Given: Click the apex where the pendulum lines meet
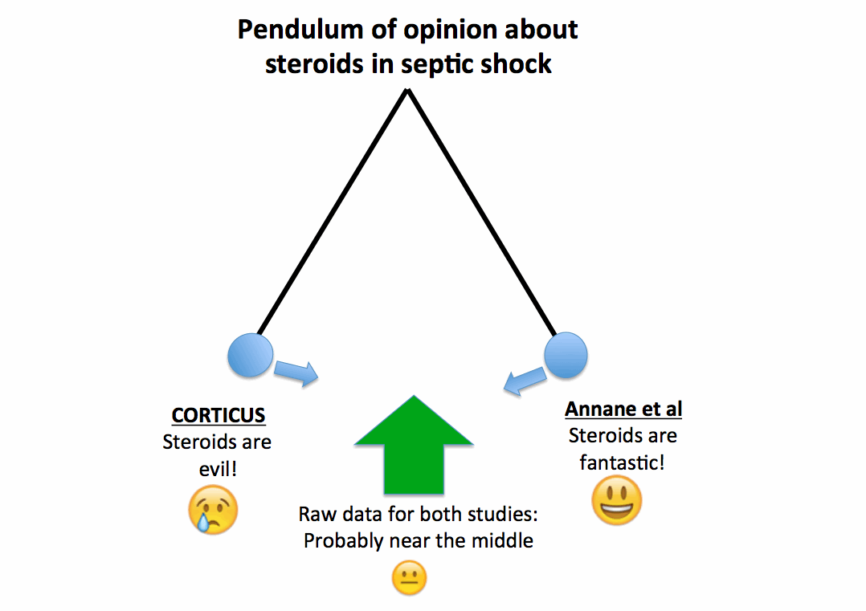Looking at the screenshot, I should coord(408,90).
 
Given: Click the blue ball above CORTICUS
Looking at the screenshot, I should coord(251,355).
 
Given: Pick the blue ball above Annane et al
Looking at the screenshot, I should coord(566,355).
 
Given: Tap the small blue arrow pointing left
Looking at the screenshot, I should coord(525,381).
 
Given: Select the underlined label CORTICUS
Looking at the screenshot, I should coord(219,416).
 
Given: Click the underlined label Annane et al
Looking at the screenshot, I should coord(623,409).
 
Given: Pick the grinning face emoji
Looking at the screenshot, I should coord(617,501).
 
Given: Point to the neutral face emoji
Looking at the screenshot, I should coord(410,578).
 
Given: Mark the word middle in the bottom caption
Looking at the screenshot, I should coord(503,541).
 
